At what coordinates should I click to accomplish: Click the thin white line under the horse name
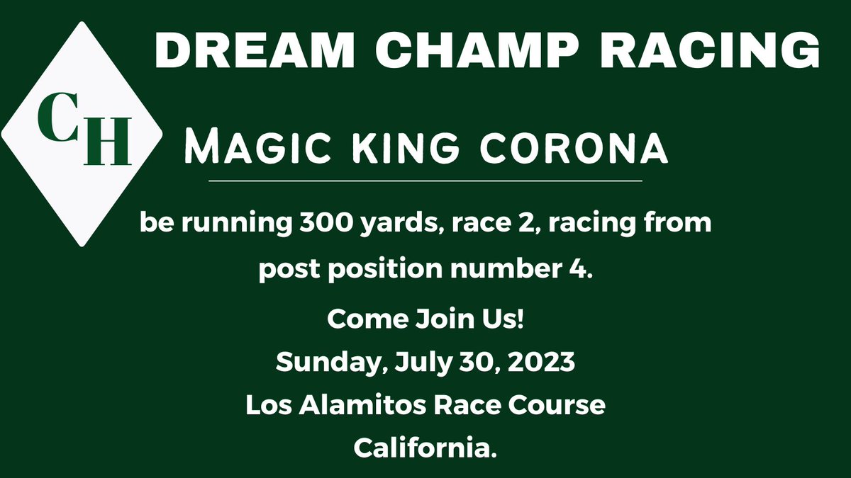click(x=425, y=181)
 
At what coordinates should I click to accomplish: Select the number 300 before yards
click(x=315, y=223)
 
